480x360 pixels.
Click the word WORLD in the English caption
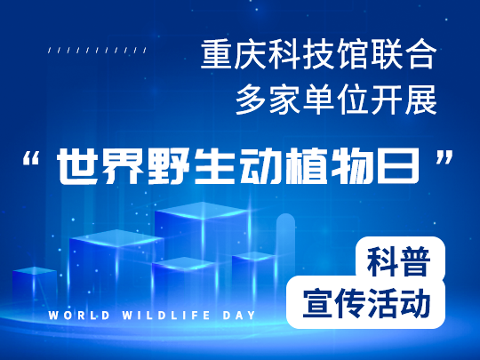tap(79, 316)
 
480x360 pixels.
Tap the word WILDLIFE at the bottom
tap(166, 316)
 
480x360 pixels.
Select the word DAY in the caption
tap(239, 316)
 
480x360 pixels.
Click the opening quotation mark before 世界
tap(31, 158)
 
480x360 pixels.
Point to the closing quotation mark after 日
tap(444, 157)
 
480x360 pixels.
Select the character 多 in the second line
tap(252, 100)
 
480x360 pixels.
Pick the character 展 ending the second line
tap(421, 100)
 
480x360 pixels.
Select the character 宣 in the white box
tap(317, 303)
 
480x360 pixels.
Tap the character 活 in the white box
tap(382, 303)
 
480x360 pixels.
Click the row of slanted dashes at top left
tap(98, 50)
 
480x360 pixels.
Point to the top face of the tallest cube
tap(202, 210)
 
